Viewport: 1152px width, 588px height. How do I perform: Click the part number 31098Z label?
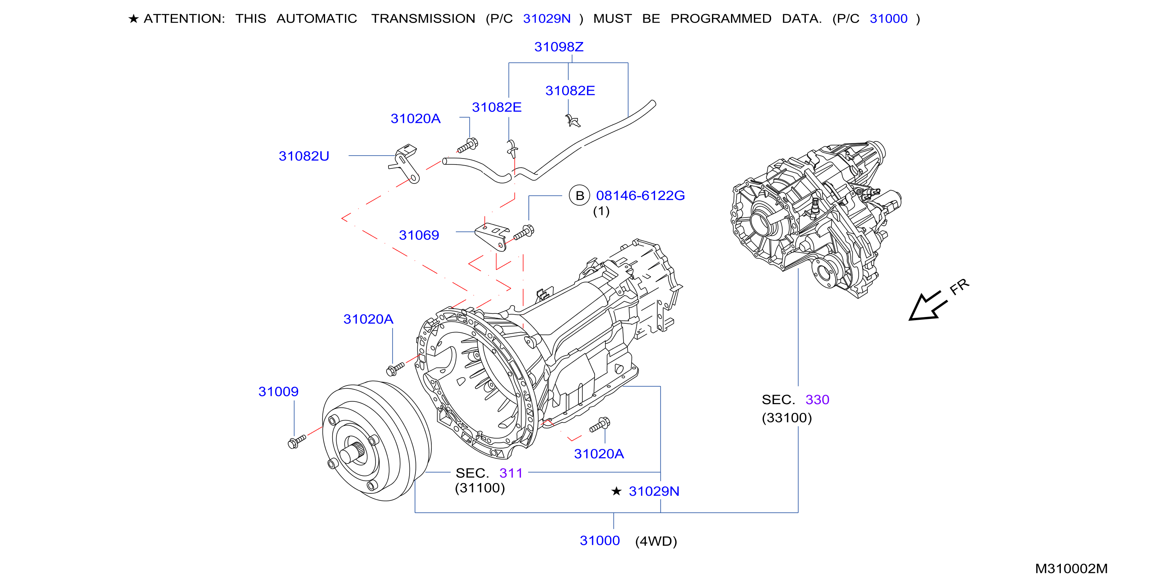(x=559, y=46)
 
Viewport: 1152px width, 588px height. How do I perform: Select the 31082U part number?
(x=304, y=156)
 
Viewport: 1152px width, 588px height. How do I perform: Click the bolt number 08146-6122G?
(x=640, y=195)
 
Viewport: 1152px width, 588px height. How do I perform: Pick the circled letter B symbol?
(x=580, y=195)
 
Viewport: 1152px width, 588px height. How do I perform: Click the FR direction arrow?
(x=928, y=306)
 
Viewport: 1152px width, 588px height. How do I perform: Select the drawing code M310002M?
(x=1072, y=568)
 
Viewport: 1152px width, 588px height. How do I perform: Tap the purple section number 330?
(x=817, y=399)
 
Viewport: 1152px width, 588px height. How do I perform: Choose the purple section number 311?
(x=511, y=473)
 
